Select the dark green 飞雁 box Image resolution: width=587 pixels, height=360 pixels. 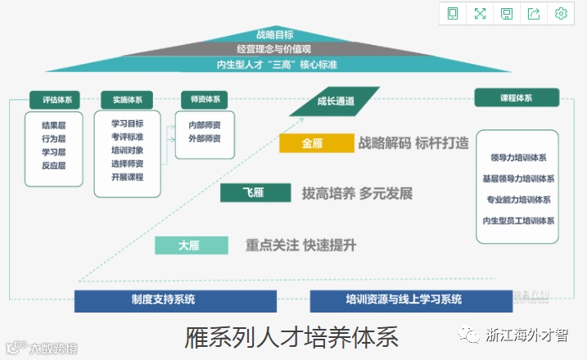click(255, 193)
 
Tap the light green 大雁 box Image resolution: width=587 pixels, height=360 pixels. click(191, 245)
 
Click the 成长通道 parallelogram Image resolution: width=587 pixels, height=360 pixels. click(336, 101)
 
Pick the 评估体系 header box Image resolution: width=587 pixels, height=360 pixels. click(54, 100)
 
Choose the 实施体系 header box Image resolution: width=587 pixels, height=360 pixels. click(127, 100)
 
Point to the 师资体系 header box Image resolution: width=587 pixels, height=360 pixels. click(204, 100)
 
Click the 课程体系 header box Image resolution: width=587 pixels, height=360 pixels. click(517, 98)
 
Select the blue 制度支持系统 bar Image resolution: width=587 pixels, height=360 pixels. click(164, 299)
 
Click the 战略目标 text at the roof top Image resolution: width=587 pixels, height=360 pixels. click(275, 35)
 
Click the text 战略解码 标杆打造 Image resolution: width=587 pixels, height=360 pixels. click(413, 143)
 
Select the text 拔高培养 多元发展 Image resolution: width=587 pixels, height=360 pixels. click(357, 194)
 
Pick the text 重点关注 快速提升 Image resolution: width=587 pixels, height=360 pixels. click(301, 245)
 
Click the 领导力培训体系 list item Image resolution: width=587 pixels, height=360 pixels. click(517, 158)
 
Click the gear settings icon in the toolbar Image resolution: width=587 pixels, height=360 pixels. click(561, 13)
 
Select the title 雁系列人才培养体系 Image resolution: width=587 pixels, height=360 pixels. click(292, 336)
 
